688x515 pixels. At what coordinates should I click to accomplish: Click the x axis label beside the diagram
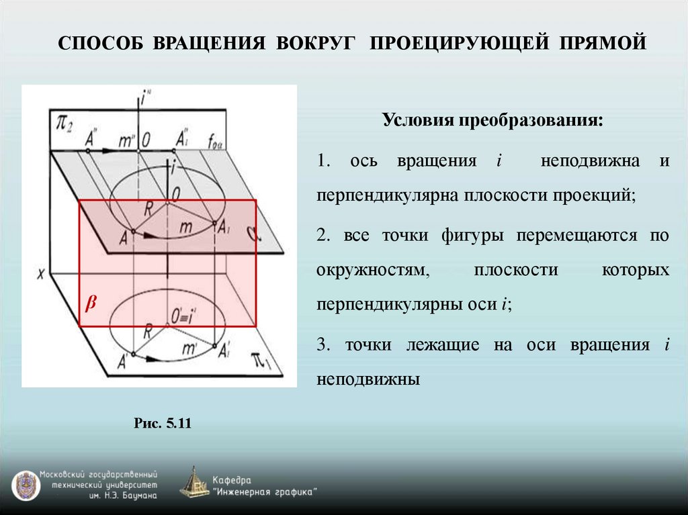click(x=42, y=273)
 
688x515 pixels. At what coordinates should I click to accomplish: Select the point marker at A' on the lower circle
click(x=133, y=355)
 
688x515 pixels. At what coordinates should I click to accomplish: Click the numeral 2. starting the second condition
click(x=322, y=235)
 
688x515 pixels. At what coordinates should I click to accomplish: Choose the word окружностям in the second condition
click(x=372, y=270)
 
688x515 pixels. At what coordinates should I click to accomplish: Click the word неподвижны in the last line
click(x=368, y=379)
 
